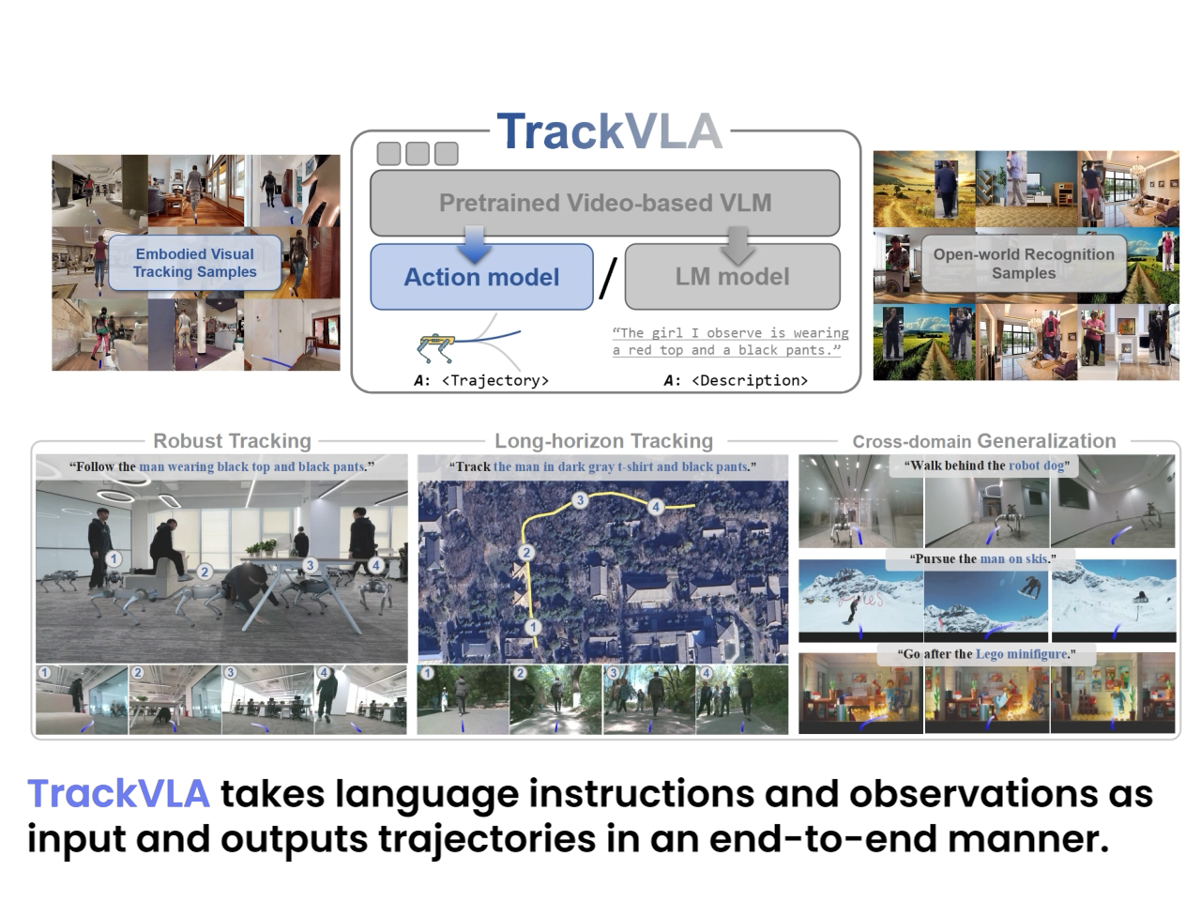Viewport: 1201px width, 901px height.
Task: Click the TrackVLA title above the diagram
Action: pos(610,131)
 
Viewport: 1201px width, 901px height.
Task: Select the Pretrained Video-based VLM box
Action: pos(604,203)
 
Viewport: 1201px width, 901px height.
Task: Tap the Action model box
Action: pos(481,277)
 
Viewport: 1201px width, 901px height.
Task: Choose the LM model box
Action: pos(732,277)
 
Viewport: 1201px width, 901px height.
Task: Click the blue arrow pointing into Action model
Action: pos(475,245)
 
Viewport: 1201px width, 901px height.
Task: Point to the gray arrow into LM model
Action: pos(737,246)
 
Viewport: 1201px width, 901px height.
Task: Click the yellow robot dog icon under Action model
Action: pos(436,348)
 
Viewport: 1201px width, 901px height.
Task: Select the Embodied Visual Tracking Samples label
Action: pos(195,263)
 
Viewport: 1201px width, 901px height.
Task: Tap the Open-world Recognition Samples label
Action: pos(1024,263)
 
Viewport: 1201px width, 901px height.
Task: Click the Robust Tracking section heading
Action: pos(232,441)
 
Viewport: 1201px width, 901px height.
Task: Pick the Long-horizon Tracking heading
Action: pos(604,441)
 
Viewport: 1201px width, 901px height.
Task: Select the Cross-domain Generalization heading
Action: pos(983,441)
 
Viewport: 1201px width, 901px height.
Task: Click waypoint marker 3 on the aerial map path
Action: pos(581,499)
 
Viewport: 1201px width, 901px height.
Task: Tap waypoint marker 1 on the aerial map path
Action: pos(533,627)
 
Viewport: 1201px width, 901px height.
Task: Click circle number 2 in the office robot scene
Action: pos(205,573)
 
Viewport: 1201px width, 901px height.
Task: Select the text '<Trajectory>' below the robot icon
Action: pos(495,380)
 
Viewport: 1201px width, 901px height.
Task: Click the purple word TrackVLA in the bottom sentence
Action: pos(119,793)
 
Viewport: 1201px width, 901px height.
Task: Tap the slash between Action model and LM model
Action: pos(608,278)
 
